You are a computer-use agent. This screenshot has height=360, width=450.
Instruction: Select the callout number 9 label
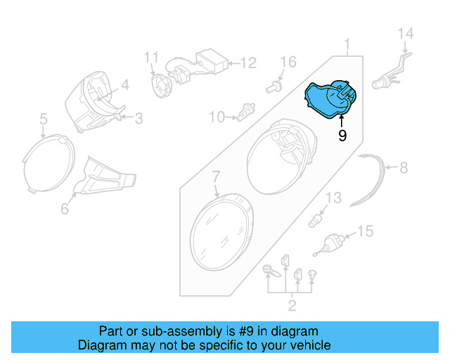[x=342, y=135]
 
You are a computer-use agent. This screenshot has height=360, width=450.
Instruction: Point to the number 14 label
[x=406, y=34]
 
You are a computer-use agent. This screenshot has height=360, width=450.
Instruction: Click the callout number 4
[x=124, y=86]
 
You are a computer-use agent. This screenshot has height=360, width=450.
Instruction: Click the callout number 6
[x=65, y=208]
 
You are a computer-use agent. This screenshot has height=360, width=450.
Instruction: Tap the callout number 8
[x=403, y=168]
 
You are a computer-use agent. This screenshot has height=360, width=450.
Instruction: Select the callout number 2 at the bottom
[x=292, y=304]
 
